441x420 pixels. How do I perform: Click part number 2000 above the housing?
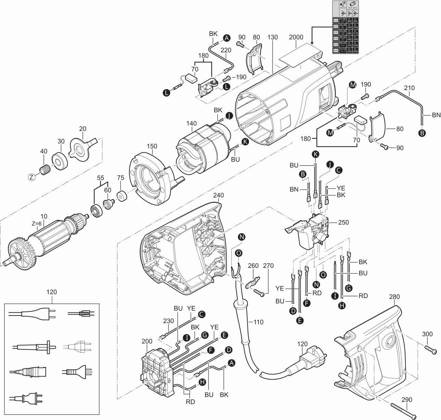(296, 37)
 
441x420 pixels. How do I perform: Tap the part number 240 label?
(218, 195)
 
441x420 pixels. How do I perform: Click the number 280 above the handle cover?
(394, 297)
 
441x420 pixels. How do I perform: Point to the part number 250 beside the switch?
(343, 222)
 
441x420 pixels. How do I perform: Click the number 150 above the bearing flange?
(152, 146)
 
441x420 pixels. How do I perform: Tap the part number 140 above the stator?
(192, 123)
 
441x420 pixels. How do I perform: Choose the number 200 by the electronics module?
(147, 341)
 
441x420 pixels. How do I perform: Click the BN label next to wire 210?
(436, 115)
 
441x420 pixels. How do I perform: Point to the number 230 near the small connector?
(168, 321)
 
